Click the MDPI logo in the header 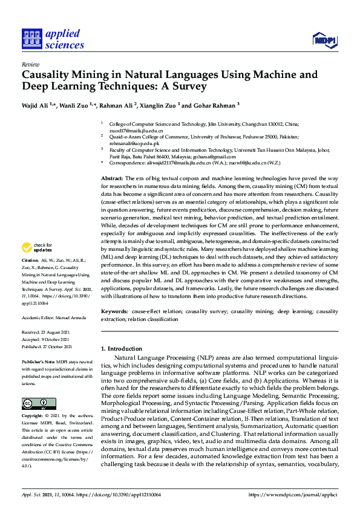point(324,41)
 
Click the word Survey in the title point(187,86)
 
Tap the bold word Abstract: point(112,179)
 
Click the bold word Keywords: point(114,311)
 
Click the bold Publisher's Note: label point(38,360)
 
